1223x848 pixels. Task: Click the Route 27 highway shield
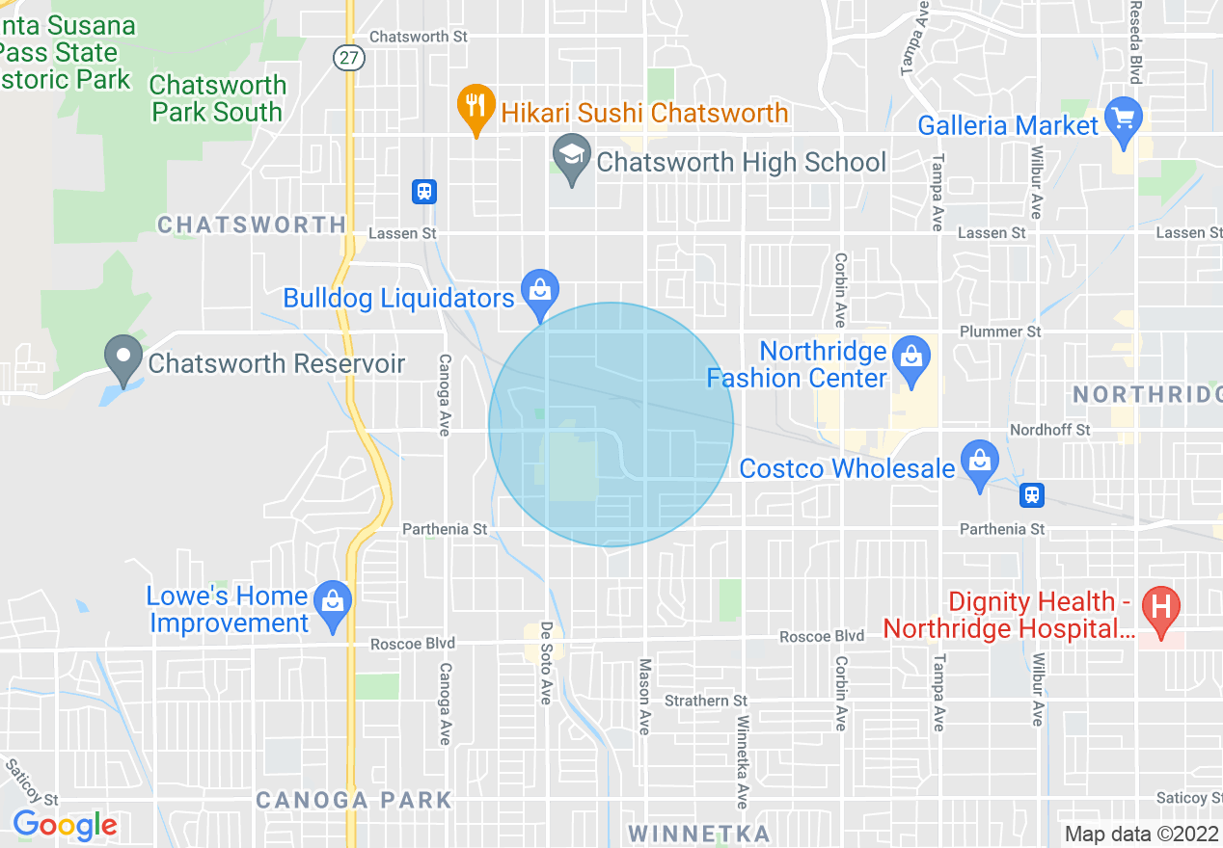point(349,59)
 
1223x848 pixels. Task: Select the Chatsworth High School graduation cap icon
point(572,156)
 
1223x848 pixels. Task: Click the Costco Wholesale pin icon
point(980,462)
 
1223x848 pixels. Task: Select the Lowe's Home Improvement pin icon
point(333,603)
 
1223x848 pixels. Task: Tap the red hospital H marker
point(1161,608)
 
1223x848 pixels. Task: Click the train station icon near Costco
point(1032,495)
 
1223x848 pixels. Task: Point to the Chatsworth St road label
point(419,37)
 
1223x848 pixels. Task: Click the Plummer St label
point(1000,331)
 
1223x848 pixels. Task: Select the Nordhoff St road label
point(1049,429)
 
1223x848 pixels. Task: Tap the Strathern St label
point(706,701)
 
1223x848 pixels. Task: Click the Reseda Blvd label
point(1136,43)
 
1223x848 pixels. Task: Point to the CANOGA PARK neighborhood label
point(354,800)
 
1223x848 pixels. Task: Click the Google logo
point(65,825)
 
